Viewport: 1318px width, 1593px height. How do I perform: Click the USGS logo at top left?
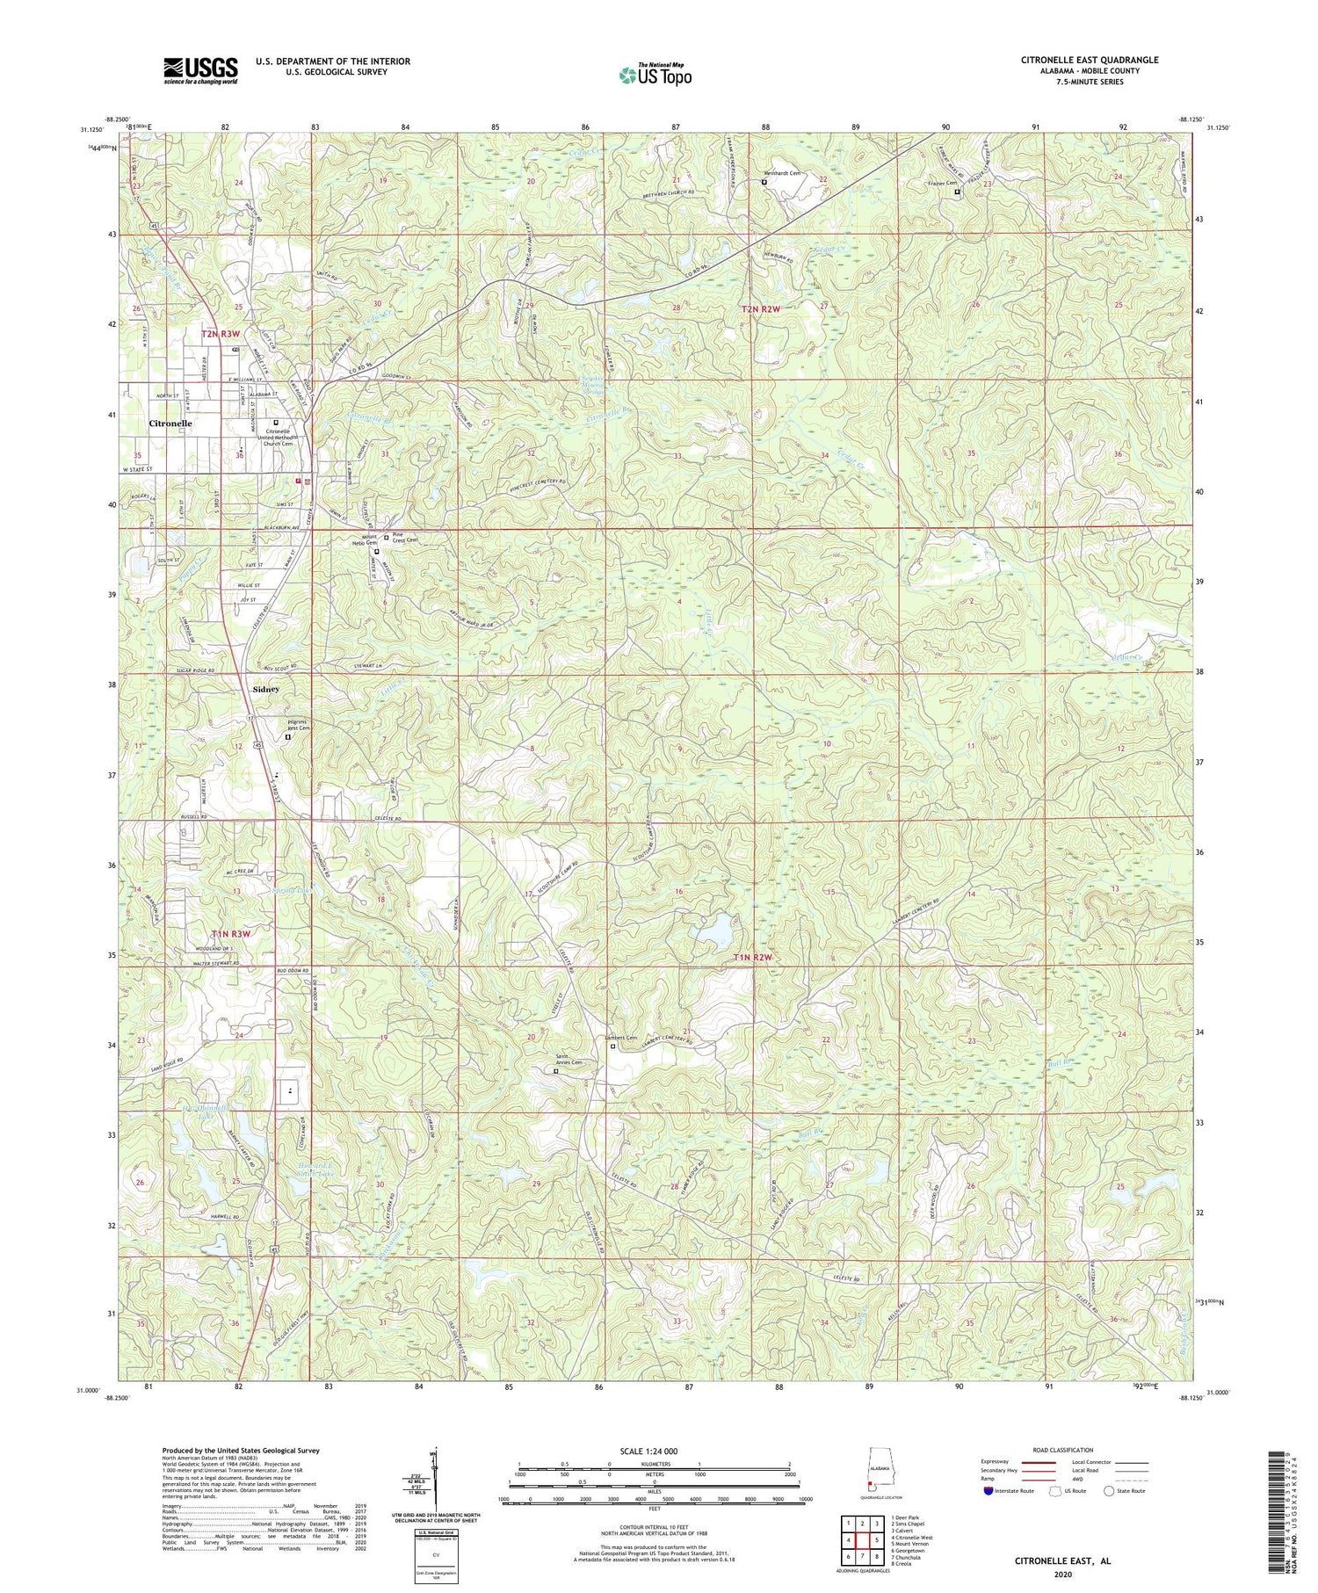pos(199,70)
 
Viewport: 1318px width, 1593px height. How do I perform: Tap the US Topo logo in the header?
pos(655,75)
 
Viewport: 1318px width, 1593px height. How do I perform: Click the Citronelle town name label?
pos(170,423)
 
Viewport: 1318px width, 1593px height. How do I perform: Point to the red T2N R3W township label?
pos(221,334)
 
